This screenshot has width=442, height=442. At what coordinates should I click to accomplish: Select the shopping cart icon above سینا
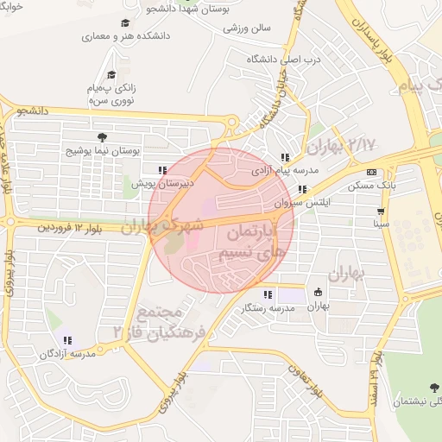[381, 211]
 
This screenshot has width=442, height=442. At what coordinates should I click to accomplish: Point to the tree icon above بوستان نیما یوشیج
[103, 136]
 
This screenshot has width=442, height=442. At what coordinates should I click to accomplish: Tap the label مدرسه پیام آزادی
[279, 171]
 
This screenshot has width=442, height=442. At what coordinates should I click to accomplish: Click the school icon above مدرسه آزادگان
[67, 340]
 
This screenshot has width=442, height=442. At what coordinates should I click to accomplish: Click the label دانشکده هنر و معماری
[126, 37]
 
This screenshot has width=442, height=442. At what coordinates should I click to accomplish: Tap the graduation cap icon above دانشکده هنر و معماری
[125, 23]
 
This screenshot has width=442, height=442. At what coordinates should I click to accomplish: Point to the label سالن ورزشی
[248, 28]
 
